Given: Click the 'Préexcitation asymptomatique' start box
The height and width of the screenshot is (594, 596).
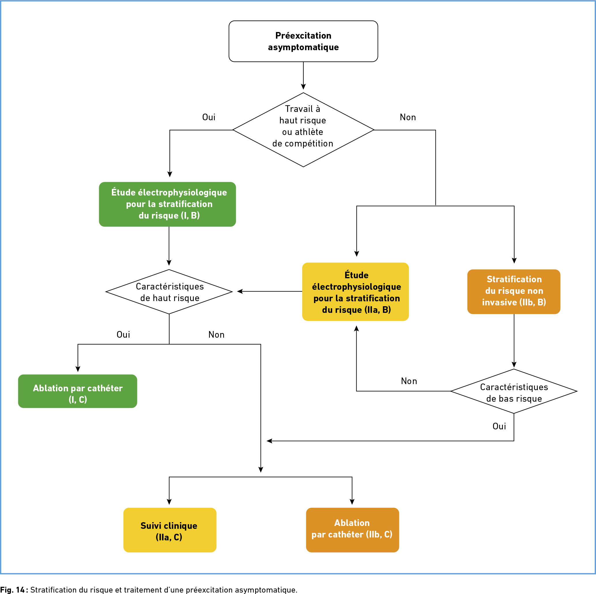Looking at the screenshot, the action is tap(303, 41).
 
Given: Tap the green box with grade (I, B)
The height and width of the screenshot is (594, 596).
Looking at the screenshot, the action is tap(168, 204).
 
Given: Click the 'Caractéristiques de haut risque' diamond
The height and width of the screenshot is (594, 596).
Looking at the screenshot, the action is tap(169, 292).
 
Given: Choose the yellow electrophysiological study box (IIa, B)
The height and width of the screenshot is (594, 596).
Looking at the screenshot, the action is tap(355, 292).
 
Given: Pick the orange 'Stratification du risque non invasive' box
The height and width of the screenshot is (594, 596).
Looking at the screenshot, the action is tap(514, 292).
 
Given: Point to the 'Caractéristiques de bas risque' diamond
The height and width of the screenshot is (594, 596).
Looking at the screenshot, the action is tap(514, 391).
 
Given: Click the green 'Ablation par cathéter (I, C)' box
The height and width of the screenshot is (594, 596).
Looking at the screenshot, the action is tap(78, 391).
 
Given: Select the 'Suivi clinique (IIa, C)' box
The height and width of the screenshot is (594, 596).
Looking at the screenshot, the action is tap(170, 530).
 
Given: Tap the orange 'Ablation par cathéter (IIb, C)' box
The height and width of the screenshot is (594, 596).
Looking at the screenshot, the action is tap(352, 530).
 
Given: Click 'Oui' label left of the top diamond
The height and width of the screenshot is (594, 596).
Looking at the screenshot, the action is tap(209, 117).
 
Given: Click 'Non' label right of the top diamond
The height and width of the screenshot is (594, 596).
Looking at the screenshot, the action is tap(408, 117).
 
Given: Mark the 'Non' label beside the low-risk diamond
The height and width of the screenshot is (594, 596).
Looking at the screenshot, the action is tap(409, 381).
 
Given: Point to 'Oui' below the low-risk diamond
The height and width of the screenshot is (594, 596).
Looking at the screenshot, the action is tap(499, 426).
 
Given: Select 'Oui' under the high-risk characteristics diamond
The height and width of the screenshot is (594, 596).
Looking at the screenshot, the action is tap(123, 335).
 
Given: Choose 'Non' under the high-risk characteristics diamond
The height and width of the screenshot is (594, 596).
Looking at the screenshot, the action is tap(217, 335).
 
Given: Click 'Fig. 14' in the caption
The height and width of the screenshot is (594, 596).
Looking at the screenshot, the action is tap(12, 590).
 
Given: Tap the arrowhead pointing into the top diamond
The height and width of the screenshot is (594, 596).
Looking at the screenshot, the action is tap(303, 87).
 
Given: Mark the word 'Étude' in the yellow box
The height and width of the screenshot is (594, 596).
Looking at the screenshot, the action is tap(356, 275).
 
